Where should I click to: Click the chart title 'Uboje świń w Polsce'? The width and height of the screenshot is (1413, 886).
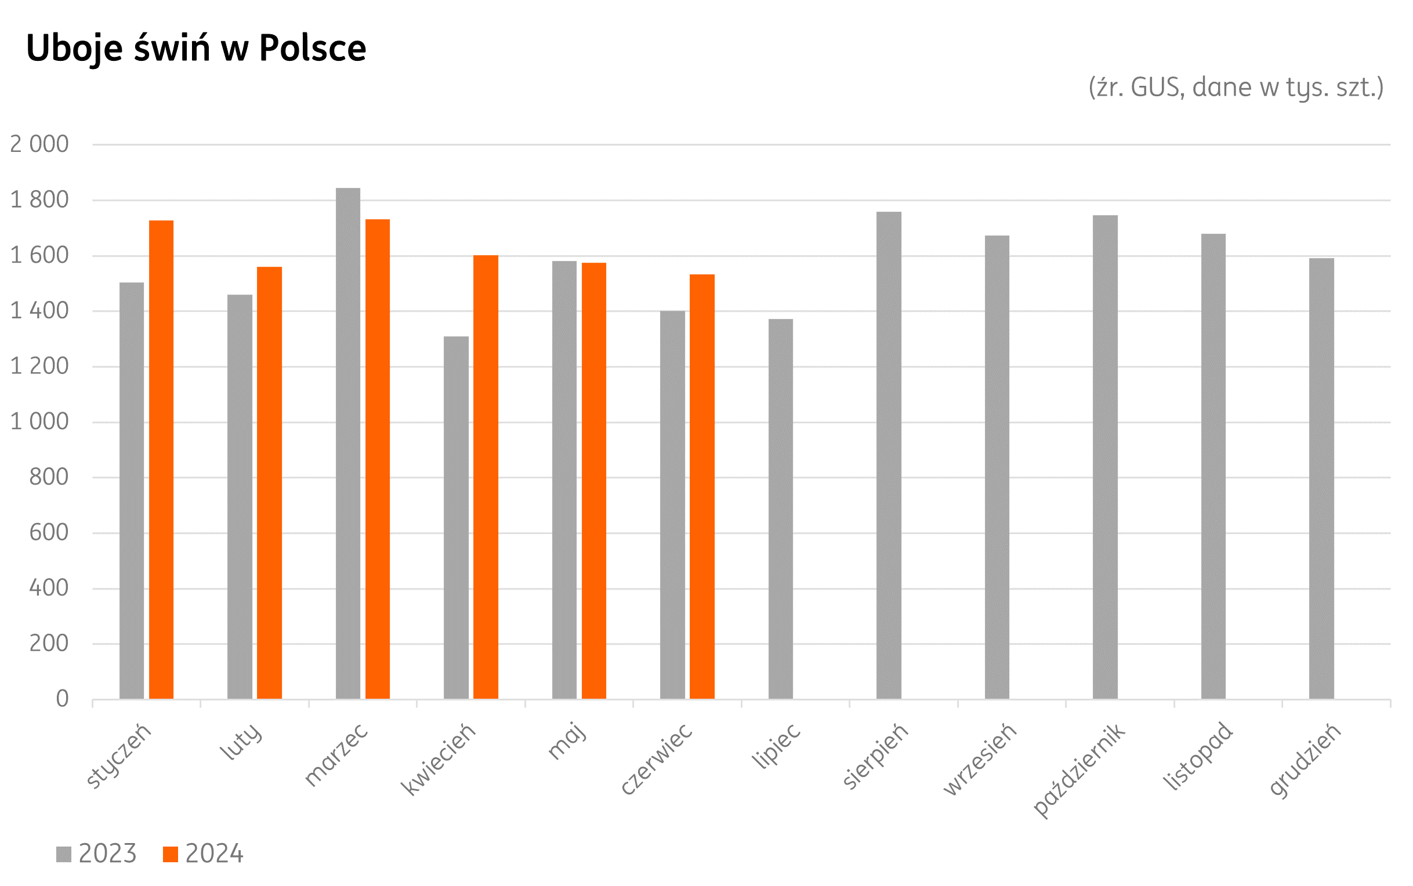(x=195, y=48)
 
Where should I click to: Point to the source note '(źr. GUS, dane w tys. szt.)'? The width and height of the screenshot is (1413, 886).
(x=1236, y=88)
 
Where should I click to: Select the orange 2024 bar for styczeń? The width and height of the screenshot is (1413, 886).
(x=161, y=459)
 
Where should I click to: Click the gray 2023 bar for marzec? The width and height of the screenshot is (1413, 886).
(x=347, y=443)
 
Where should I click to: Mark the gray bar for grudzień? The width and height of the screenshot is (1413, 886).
(x=1321, y=478)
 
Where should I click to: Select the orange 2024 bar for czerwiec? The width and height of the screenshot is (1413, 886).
(x=701, y=486)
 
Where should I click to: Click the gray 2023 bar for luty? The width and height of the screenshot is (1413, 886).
(x=240, y=496)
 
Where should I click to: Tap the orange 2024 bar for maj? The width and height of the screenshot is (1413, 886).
(x=594, y=481)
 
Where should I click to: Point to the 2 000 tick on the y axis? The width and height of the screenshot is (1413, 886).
(x=39, y=144)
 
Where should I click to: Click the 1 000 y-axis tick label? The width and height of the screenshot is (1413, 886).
(x=39, y=422)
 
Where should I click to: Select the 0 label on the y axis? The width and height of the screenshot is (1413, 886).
(x=62, y=699)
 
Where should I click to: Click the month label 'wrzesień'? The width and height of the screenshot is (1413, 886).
(x=979, y=760)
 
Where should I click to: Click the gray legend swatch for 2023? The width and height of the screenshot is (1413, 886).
(x=63, y=854)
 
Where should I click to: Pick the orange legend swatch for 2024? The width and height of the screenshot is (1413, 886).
(x=170, y=854)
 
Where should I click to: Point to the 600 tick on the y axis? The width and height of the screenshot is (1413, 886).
(x=49, y=533)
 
